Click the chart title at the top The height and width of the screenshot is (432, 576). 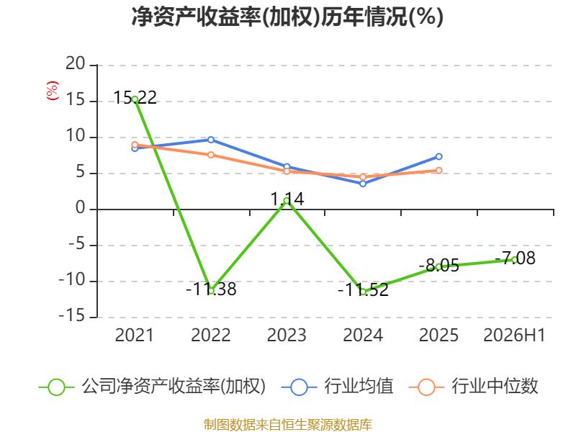point(287,17)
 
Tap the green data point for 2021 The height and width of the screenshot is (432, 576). point(135,99)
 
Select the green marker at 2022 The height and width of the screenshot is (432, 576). point(211,291)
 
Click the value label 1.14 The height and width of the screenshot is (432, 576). point(287,199)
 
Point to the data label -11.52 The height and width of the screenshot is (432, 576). point(363,290)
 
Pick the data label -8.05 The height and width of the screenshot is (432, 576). point(439,265)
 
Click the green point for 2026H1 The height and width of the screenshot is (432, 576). point(515,260)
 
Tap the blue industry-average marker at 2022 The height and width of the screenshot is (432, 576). point(211,140)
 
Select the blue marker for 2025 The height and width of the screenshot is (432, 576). point(438,156)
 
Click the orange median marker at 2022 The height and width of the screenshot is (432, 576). point(211,155)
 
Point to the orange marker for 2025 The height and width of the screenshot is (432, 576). point(438,171)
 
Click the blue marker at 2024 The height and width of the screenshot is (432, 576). point(363,184)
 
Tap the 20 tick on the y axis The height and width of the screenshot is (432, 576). point(76,64)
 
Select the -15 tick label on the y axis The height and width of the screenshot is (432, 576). point(72,316)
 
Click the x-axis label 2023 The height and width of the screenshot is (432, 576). point(287,335)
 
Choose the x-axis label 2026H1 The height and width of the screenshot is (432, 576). point(514,335)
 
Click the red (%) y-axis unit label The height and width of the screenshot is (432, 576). point(52,91)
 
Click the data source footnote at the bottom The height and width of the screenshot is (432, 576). point(288,425)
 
